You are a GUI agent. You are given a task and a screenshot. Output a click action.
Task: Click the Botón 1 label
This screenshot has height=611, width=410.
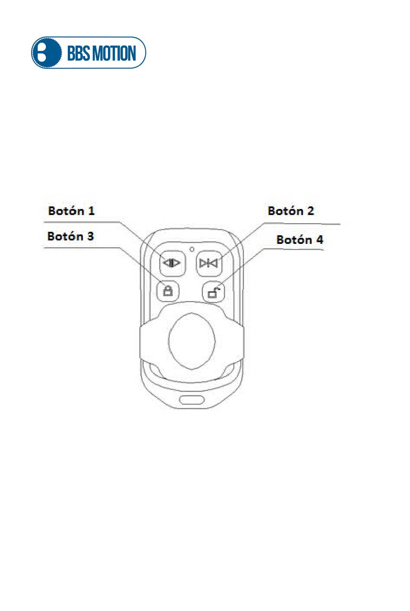pyautogui.click(x=71, y=211)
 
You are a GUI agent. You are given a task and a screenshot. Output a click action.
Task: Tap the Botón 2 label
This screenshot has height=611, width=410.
pyautogui.click(x=290, y=211)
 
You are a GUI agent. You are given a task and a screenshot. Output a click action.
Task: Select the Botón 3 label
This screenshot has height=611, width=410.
pyautogui.click(x=70, y=236)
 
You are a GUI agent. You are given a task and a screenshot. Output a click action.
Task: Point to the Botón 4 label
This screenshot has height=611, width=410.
pyautogui.click(x=300, y=240)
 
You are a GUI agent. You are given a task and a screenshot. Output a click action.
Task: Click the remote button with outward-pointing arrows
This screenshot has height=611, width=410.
pyautogui.click(x=172, y=263)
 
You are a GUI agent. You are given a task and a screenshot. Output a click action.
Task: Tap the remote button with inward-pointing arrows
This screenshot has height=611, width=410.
pyautogui.click(x=209, y=263)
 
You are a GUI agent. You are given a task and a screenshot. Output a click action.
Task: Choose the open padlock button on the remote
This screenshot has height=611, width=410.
pyautogui.click(x=214, y=292)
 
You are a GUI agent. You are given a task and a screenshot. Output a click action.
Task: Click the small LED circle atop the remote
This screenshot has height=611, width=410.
pyautogui.click(x=191, y=249)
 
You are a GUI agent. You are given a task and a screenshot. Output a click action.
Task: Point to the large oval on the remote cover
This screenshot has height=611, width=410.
pyautogui.click(x=192, y=341)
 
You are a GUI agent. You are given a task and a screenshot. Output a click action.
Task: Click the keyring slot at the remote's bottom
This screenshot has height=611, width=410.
pyautogui.click(x=192, y=399)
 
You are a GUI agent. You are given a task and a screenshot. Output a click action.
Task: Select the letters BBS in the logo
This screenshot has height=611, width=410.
pyautogui.click(x=79, y=53)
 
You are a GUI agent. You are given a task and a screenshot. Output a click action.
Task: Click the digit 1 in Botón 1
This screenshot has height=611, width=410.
pyautogui.click(x=91, y=211)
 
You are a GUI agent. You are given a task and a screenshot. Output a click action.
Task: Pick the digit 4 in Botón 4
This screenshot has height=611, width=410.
pyautogui.click(x=319, y=240)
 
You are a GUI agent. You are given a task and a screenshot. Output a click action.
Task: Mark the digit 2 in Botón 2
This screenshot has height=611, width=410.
pyautogui.click(x=310, y=211)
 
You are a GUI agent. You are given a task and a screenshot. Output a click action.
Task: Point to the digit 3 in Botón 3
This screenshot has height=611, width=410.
pyautogui.click(x=90, y=236)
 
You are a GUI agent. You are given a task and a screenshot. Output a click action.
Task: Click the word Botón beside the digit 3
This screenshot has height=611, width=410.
pyautogui.click(x=65, y=236)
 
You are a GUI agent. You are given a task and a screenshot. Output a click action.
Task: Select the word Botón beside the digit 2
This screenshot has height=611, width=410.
pyautogui.click(x=285, y=211)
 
